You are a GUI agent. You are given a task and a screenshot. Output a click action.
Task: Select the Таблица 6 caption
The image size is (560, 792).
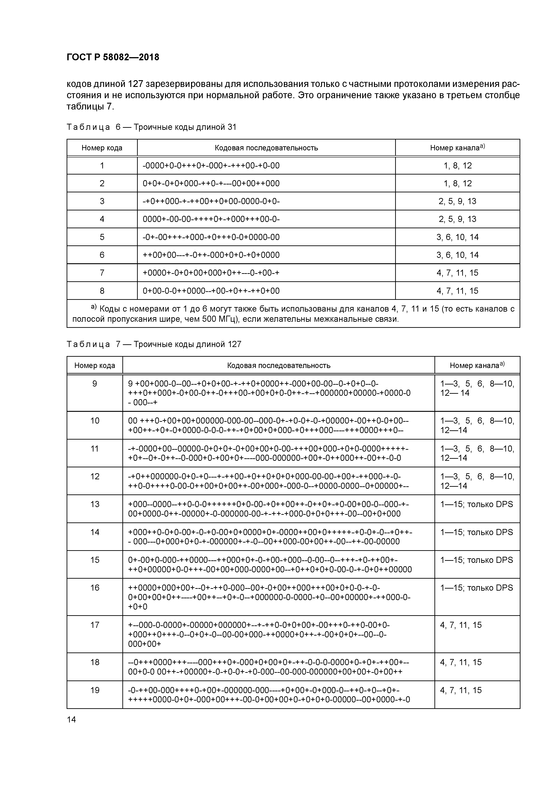(151, 127)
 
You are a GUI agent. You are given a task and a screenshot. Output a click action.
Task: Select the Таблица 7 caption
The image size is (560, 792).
(154, 344)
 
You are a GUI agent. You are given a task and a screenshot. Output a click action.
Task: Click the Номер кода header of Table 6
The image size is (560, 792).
(102, 148)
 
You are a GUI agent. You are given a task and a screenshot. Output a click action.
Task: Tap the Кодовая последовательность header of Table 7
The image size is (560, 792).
(278, 365)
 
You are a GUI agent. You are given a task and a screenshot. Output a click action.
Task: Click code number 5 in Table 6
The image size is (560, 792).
(102, 237)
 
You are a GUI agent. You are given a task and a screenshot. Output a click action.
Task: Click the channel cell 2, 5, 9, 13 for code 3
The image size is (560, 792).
(457, 201)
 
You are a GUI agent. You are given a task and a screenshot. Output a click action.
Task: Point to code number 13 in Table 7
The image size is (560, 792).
(95, 504)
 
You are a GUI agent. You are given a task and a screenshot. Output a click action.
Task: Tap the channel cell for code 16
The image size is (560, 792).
(476, 588)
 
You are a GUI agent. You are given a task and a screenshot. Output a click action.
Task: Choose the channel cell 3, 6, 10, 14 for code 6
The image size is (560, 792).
(457, 255)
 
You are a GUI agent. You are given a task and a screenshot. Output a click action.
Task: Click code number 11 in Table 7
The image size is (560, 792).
(95, 449)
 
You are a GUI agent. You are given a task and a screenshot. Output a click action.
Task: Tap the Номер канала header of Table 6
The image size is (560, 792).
(457, 148)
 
